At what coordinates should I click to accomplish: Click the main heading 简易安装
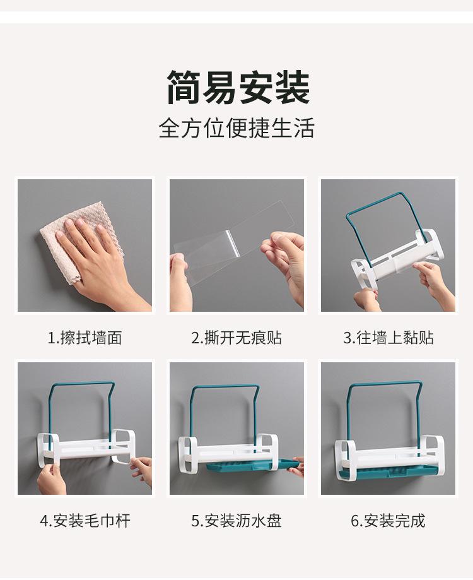coord(238,88)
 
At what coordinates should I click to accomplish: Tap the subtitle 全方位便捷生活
coord(237,128)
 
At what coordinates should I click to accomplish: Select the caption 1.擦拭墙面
coord(85,338)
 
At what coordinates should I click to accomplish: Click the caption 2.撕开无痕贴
coord(237,338)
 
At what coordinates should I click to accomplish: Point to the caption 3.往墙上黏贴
coord(388,338)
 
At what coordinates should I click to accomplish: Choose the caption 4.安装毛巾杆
coord(85,521)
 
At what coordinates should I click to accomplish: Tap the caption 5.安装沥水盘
coord(237,521)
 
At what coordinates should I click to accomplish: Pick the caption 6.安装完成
coord(388,521)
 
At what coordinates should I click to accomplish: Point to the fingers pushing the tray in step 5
coord(297,465)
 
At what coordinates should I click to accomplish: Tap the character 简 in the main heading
coord(184,88)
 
